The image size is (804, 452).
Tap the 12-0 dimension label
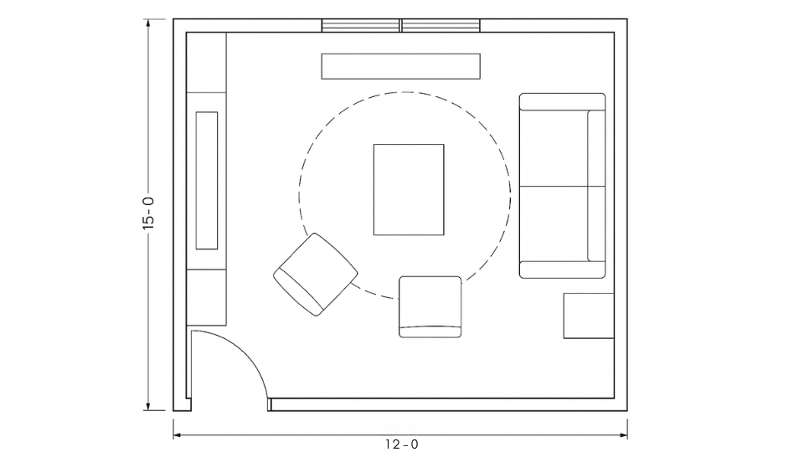click(401, 444)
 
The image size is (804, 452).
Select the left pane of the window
click(361, 26)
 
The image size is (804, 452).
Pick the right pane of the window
click(441, 26)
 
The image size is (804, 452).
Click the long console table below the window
click(401, 66)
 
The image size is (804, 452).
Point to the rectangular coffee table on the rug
click(408, 189)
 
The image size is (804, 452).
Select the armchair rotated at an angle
click(315, 275)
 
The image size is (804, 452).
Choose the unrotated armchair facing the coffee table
click(430, 305)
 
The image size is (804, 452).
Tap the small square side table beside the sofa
click(588, 316)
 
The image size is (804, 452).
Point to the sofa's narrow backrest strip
click(596, 185)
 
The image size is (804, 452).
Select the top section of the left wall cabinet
click(206, 63)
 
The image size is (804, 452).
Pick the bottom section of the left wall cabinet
click(206, 297)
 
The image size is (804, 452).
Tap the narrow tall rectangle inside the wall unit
click(206, 180)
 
